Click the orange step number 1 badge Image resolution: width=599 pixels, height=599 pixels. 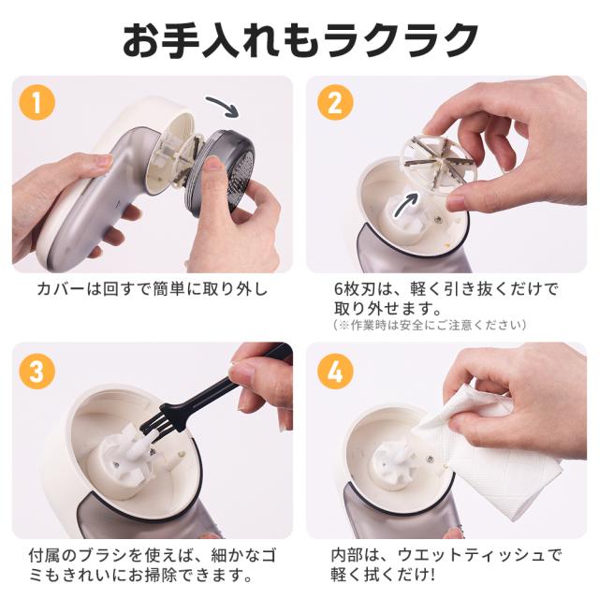coord(37,102)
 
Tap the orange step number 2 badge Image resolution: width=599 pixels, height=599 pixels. coord(335,102)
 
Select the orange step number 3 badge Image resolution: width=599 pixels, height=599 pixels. coord(37,371)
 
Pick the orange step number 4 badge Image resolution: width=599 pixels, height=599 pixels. coord(335,371)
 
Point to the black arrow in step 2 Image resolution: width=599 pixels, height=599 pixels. coord(407,203)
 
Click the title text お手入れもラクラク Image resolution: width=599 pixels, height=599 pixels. coord(300,39)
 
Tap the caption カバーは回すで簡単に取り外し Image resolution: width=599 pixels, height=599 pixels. coord(152,289)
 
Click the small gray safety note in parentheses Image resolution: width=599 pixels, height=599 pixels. coord(430,325)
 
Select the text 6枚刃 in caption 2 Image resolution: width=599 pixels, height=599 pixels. coord(355,289)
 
